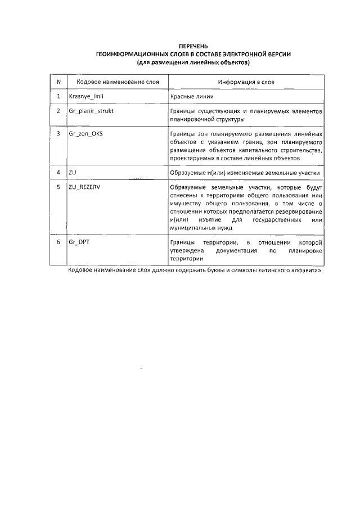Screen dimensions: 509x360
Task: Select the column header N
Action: [x=58, y=82]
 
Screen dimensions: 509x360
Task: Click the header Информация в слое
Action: [x=246, y=82]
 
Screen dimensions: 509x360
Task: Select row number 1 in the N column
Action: [x=58, y=96]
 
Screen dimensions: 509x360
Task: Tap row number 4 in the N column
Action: [x=58, y=172]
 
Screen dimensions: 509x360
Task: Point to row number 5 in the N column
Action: [x=58, y=186]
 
